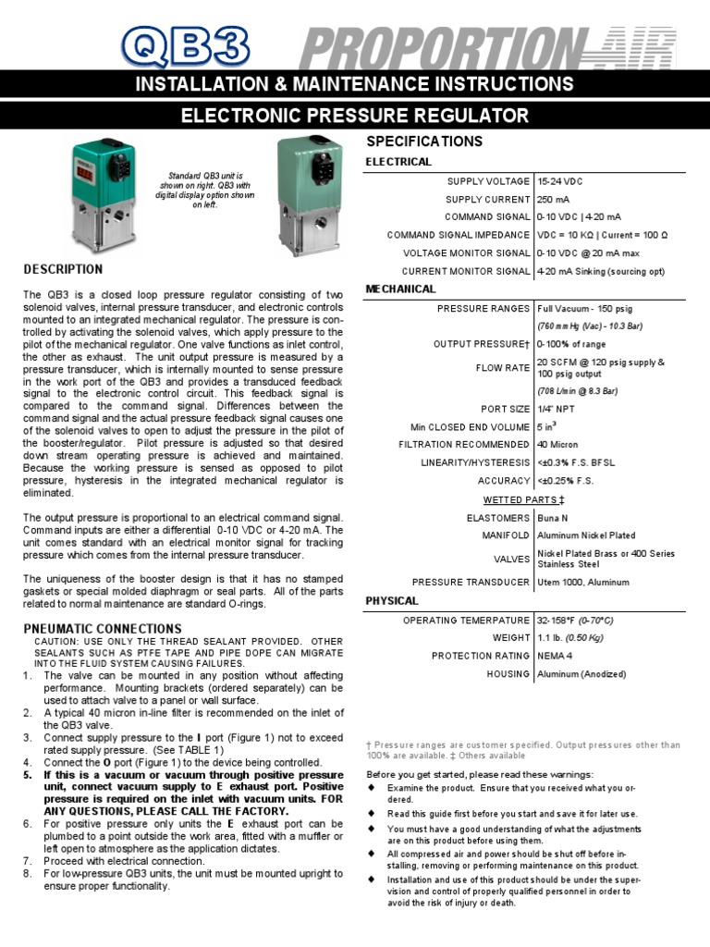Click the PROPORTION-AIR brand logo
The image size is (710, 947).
click(x=486, y=47)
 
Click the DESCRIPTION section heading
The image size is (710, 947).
click(x=63, y=269)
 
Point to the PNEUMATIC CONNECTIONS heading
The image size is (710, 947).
click(x=102, y=629)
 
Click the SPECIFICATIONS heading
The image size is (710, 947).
click(x=424, y=141)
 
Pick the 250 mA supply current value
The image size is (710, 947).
click(x=556, y=200)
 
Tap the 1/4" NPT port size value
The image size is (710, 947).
click(x=556, y=409)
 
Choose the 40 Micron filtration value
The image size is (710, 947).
click(x=557, y=445)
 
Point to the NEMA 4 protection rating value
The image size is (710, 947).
click(x=557, y=656)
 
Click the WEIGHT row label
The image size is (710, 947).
click(x=511, y=638)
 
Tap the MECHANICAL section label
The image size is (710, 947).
click(x=400, y=289)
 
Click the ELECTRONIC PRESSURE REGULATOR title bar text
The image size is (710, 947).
click(x=355, y=116)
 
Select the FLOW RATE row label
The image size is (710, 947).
click(x=505, y=368)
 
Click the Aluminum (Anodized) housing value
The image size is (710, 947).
click(x=581, y=674)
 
